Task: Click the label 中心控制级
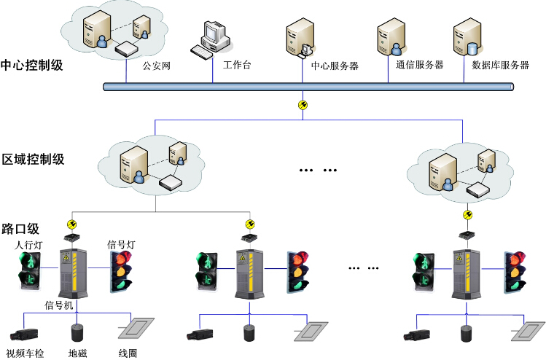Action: [32, 64]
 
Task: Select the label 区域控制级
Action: [33, 159]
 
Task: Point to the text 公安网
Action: [156, 66]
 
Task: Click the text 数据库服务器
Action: [500, 65]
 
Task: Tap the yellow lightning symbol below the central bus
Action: [303, 106]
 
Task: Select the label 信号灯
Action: [120, 244]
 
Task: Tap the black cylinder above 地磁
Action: [77, 333]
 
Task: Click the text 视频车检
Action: [25, 353]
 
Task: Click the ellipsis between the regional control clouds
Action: [319, 170]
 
